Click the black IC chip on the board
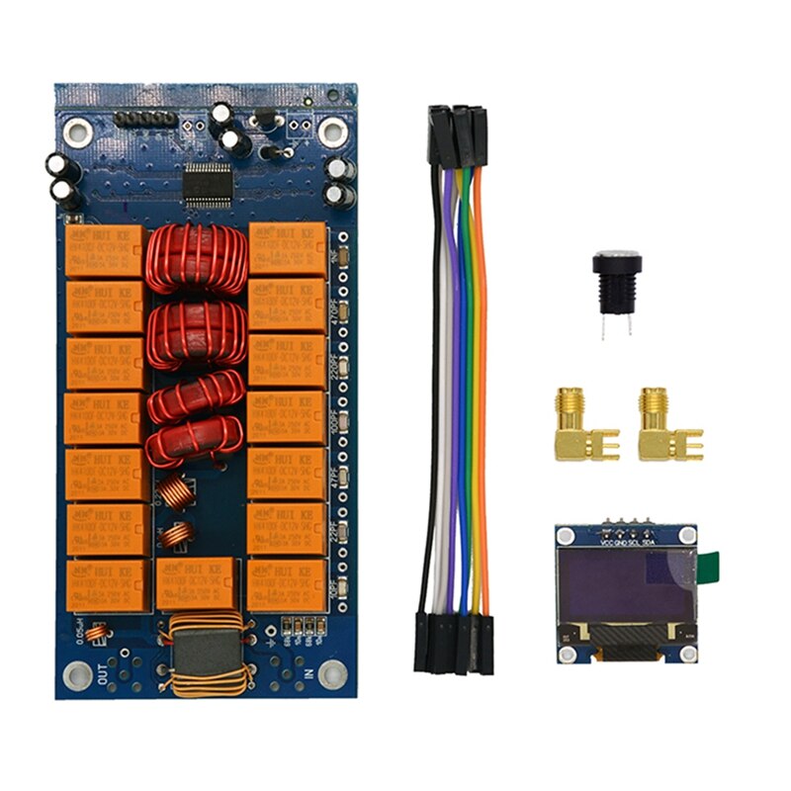click(209, 184)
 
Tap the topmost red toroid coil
click(196, 259)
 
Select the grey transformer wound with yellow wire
click(207, 652)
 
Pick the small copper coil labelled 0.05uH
click(96, 634)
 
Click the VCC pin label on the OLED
click(599, 544)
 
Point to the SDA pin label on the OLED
click(648, 544)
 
